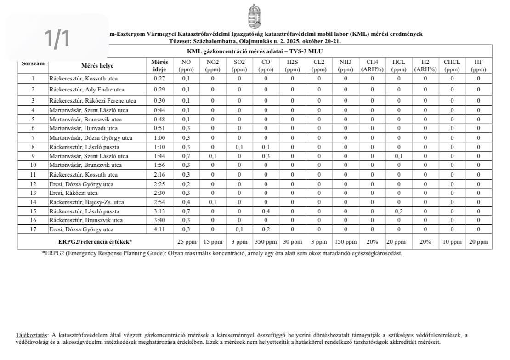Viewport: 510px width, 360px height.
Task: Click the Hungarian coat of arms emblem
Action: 254,16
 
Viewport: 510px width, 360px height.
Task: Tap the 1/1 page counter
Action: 57,38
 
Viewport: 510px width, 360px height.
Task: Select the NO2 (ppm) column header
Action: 213,66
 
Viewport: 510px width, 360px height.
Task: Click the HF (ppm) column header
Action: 478,66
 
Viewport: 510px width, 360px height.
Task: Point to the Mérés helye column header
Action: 97,66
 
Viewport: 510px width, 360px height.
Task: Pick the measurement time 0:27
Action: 160,78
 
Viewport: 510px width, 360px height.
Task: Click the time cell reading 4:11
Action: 160,229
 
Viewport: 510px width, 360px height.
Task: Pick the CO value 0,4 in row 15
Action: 266,211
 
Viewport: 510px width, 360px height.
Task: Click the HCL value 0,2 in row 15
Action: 399,211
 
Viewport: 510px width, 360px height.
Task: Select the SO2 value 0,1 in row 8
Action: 239,147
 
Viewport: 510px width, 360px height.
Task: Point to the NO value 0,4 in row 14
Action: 186,202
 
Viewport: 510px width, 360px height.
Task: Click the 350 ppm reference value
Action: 266,241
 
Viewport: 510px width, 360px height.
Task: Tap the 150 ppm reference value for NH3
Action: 345,241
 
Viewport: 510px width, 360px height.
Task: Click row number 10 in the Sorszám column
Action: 33,165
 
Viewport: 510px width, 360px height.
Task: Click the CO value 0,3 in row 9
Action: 266,156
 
